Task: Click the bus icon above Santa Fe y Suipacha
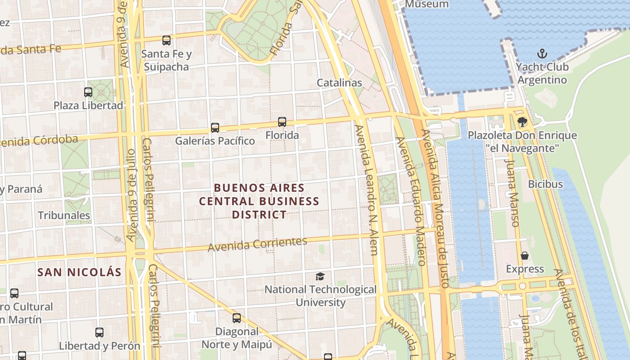(166, 40)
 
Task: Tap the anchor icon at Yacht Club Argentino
(543, 54)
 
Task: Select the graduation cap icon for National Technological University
(320, 276)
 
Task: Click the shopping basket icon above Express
(525, 256)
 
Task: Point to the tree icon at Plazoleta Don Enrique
(522, 121)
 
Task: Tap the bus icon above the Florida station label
(282, 121)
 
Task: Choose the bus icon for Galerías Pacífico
(215, 128)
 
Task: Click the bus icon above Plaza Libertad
(88, 92)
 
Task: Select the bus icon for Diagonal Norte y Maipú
(237, 318)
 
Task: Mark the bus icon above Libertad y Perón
(99, 333)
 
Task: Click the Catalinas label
(339, 83)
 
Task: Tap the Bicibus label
(545, 184)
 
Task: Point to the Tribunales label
(64, 216)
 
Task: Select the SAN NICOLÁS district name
(79, 272)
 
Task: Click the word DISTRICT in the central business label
(259, 215)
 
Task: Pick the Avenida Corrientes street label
(257, 244)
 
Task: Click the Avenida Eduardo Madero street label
(410, 200)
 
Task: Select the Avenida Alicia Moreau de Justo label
(435, 207)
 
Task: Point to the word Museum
(427, 4)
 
